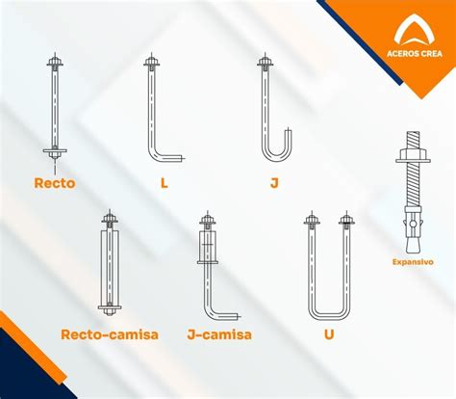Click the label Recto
point(55,183)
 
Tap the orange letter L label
point(165,183)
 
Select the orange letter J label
point(274,183)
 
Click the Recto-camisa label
point(110,334)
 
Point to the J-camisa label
point(219,334)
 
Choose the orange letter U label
point(329,334)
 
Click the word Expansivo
point(413,262)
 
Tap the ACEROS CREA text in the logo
point(415,53)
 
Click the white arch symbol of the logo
point(415,31)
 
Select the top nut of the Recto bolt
point(55,61)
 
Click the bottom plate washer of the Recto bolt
point(55,150)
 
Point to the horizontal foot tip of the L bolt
point(182,158)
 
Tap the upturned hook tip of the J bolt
point(290,131)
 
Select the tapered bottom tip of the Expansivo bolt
point(413,245)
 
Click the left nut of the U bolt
point(312,220)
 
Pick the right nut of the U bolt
point(346,220)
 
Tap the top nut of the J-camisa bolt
point(208,220)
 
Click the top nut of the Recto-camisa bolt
point(110,219)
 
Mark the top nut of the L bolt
point(152,61)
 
